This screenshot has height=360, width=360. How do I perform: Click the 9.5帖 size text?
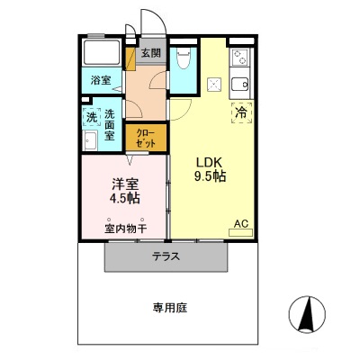pyautogui.click(x=211, y=176)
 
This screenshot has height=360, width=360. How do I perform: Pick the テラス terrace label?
pyautogui.click(x=166, y=256)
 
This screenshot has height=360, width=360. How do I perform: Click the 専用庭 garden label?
pyautogui.click(x=168, y=308)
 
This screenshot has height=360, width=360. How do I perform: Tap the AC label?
pyautogui.click(x=240, y=222)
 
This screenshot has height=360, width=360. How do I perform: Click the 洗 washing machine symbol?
pyautogui.click(x=91, y=118)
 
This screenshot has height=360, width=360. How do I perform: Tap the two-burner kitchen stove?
pyautogui.click(x=239, y=59)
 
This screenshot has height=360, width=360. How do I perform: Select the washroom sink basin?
pyautogui.click(x=90, y=141)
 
